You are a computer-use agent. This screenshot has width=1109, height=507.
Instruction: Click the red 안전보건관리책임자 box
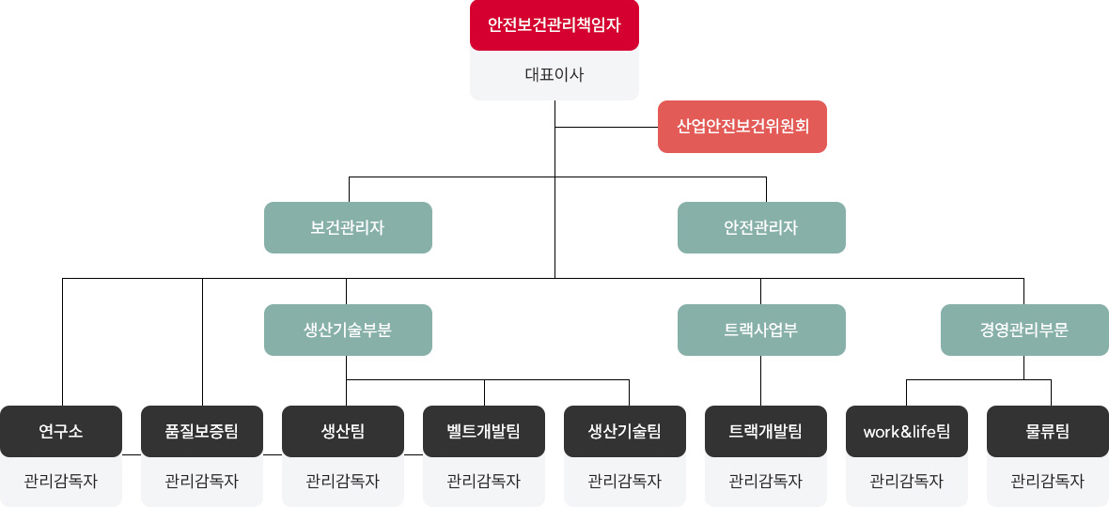(554, 25)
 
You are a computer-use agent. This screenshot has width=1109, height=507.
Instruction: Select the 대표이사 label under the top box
(554, 75)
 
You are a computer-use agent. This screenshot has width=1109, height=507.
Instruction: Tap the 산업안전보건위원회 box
(742, 127)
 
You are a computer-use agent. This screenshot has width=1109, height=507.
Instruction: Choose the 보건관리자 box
(348, 227)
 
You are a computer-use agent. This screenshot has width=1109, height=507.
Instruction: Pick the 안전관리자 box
(761, 227)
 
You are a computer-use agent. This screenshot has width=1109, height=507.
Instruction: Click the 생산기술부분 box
(348, 330)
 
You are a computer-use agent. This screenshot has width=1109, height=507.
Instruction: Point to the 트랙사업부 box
(761, 330)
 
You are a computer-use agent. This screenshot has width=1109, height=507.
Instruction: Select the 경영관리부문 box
(1024, 330)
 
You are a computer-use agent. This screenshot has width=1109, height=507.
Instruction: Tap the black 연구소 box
(61, 432)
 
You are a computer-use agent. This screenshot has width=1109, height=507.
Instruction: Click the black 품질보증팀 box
(202, 432)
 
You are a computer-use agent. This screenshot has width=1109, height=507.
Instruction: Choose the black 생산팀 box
(343, 432)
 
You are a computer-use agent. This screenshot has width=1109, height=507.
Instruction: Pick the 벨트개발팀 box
(484, 432)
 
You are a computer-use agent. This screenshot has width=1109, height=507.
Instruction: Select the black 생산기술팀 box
(625, 432)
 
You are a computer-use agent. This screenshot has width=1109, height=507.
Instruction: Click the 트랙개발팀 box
(766, 432)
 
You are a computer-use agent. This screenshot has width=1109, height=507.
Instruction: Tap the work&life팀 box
(907, 432)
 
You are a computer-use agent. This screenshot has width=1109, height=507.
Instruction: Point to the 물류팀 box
(1048, 432)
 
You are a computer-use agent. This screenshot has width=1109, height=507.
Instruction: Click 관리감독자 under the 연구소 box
(61, 482)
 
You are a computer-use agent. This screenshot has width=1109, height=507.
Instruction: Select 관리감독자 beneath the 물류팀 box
(1048, 482)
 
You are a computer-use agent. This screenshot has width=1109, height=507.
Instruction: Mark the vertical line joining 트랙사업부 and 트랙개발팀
(761, 380)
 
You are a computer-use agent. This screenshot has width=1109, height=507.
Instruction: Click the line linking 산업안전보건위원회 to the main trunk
(606, 127)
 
